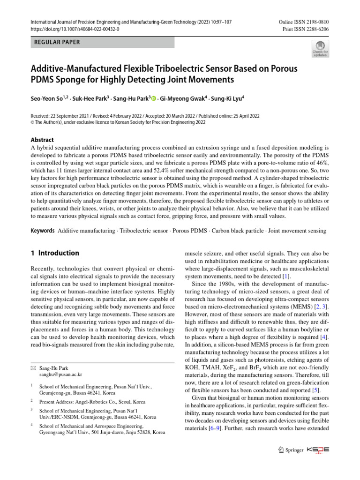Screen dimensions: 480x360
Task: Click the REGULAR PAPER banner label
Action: click(57, 42)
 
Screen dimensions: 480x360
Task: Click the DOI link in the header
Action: click(74, 29)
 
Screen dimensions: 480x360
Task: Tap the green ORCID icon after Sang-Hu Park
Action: click(153, 99)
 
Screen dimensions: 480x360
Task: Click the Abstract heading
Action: click(42, 140)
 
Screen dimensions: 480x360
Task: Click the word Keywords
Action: click(42, 231)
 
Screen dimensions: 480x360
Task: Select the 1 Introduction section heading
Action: click(55, 253)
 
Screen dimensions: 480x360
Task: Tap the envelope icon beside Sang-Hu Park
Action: click(33, 368)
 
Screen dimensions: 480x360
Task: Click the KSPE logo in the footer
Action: click(318, 450)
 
